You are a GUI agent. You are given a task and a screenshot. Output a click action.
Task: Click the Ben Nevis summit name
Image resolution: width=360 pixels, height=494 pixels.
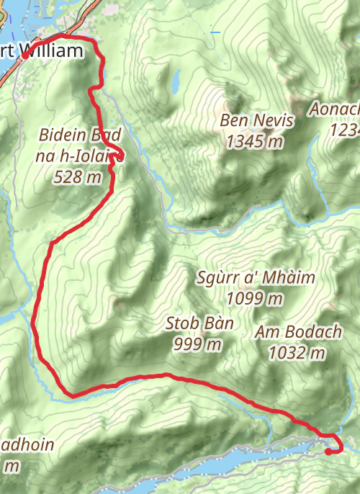[x=257, y=120]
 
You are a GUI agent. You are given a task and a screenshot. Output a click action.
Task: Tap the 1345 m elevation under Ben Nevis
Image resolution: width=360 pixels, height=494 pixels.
[x=254, y=142]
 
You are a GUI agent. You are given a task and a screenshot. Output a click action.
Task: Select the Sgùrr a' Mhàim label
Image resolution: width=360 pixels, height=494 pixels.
[x=256, y=277]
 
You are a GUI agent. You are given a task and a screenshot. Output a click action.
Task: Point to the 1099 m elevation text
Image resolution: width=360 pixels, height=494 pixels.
[x=255, y=298]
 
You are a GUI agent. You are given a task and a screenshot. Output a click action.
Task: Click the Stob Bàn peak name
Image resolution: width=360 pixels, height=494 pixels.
[x=199, y=323]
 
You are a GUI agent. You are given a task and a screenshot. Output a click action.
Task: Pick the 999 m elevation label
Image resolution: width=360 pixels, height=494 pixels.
[x=197, y=344]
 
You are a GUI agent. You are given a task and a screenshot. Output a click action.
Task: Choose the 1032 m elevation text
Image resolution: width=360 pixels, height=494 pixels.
[x=296, y=353]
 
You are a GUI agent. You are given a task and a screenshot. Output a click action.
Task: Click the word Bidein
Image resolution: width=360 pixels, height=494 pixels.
[x=61, y=135]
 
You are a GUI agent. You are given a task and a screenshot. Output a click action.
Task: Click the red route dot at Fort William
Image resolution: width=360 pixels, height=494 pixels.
[x=25, y=55]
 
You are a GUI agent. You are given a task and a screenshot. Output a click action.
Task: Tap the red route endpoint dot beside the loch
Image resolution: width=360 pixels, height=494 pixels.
[x=328, y=452]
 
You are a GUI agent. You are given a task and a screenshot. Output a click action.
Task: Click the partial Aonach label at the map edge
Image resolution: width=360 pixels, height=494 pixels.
[x=335, y=109]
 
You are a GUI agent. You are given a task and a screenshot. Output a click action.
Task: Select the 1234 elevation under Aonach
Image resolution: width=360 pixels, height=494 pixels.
[x=344, y=130]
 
